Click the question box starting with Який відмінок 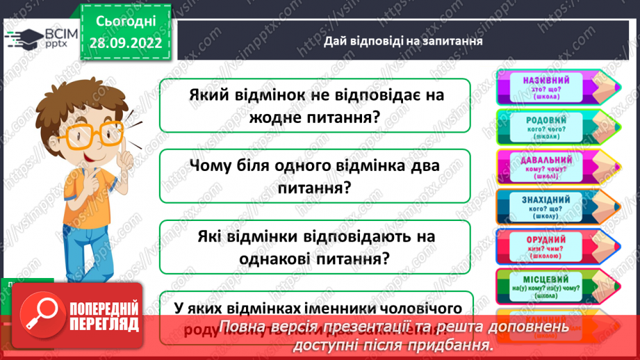tap(315, 105)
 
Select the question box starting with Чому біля tap(315, 177)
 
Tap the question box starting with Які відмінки tap(315, 247)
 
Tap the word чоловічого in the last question tap(425, 306)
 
